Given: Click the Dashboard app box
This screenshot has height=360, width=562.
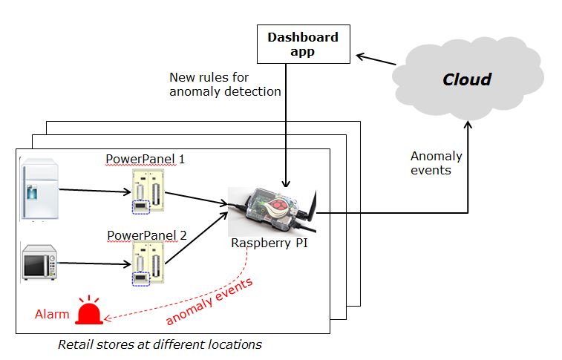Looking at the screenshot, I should (302, 45).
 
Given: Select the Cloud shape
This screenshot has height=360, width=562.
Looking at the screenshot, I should (467, 79).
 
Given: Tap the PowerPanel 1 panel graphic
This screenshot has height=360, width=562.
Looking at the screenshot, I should (146, 192).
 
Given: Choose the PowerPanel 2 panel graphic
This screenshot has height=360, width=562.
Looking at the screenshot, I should (146, 264).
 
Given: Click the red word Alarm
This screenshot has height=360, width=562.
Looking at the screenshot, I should (52, 314).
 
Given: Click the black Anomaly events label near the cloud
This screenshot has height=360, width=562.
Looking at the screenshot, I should (436, 163).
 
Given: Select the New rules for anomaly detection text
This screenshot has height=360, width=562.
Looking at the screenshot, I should (224, 84).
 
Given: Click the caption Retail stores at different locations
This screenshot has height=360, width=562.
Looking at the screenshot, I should (159, 344).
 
